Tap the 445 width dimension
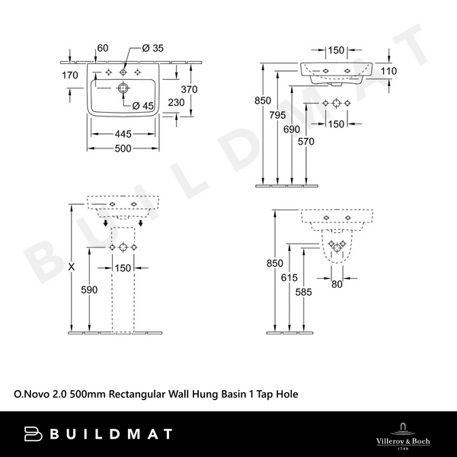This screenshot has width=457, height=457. [x=123, y=134]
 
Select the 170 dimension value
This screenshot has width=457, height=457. [x=70, y=75]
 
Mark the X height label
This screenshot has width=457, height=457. [x=72, y=267]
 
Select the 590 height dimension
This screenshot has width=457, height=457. [x=90, y=290]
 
